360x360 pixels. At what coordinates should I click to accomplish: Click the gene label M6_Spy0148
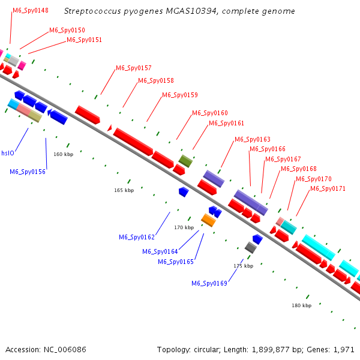point(31,11)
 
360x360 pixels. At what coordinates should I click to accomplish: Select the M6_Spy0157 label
point(134,68)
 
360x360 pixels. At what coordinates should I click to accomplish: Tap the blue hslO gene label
point(8,153)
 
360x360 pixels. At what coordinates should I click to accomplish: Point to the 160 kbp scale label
point(64,154)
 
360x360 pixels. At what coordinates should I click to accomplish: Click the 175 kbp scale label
point(244,266)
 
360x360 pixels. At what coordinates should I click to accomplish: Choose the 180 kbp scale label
point(301,305)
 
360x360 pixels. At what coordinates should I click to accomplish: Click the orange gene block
point(208,220)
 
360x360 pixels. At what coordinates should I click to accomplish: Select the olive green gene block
point(185,161)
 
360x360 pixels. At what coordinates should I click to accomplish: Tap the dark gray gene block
point(251,247)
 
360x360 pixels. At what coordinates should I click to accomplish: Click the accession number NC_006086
point(65,350)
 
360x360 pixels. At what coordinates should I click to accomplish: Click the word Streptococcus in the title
point(92,11)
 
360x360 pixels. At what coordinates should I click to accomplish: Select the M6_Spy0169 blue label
point(209,283)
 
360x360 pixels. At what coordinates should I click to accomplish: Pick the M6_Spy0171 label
point(328,188)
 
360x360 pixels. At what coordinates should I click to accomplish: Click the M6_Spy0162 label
point(137,237)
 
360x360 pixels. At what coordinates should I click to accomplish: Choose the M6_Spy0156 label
point(28,172)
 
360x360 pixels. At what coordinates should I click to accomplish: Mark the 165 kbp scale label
point(124,190)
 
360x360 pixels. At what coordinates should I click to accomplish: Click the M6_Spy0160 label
point(210,113)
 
